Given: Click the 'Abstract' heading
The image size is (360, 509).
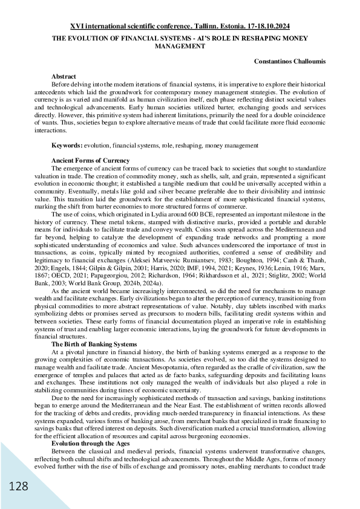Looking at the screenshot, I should click(64, 77).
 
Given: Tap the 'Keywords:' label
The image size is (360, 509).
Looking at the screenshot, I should click(67, 146).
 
